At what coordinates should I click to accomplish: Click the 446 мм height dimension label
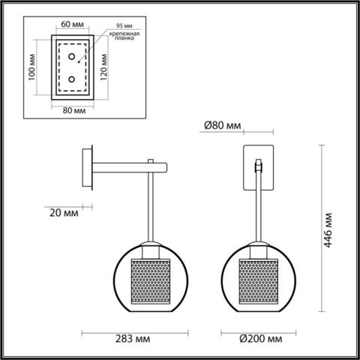click(x=328, y=227)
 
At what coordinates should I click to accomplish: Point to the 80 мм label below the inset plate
click(x=73, y=111)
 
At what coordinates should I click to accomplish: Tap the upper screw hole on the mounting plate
click(x=71, y=57)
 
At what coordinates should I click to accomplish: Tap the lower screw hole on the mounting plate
click(x=71, y=79)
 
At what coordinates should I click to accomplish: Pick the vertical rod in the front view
click(x=258, y=206)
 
